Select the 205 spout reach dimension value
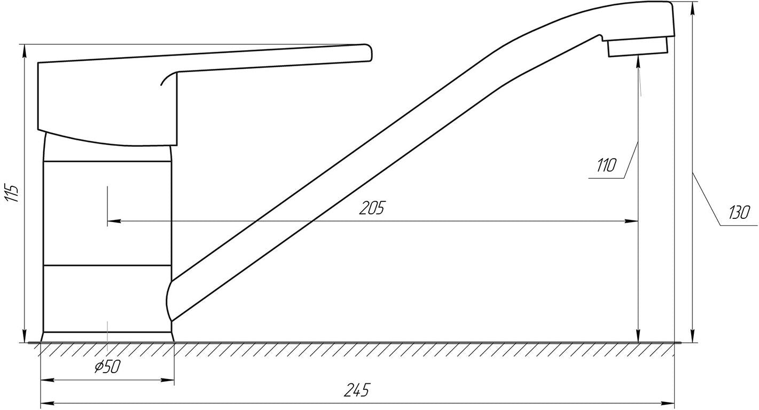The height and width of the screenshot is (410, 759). (372, 208)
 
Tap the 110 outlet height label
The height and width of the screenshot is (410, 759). (606, 165)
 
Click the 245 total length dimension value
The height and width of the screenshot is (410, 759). (357, 390)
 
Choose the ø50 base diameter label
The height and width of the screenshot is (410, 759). (107, 367)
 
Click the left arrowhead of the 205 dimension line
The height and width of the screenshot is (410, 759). (114, 221)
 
